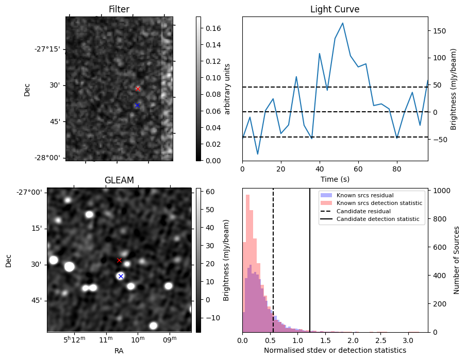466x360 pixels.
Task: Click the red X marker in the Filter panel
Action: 138,89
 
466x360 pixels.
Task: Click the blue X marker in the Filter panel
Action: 137,105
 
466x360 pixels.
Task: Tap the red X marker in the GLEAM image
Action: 119,260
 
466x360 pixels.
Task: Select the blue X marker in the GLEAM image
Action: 121,276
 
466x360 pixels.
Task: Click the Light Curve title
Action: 335,9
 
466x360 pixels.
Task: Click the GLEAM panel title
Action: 119,180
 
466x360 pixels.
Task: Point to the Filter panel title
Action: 119,9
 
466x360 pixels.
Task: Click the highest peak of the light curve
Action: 343,23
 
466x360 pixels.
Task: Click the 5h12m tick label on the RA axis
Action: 74,340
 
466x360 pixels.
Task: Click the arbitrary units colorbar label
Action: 227,89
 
